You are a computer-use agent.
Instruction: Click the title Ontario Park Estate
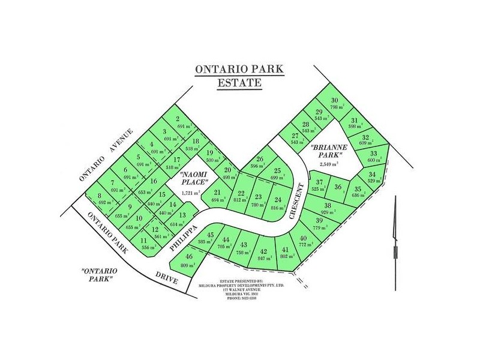[239, 76]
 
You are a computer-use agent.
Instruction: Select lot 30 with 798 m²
[335, 104]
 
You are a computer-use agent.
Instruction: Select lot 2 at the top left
[178, 122]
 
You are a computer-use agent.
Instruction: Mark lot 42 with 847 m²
[263, 255]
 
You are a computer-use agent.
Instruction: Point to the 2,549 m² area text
[326, 163]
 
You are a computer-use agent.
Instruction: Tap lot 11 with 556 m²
[143, 244]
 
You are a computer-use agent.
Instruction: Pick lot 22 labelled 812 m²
[241, 197]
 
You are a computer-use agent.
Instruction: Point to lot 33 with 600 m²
[374, 157]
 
